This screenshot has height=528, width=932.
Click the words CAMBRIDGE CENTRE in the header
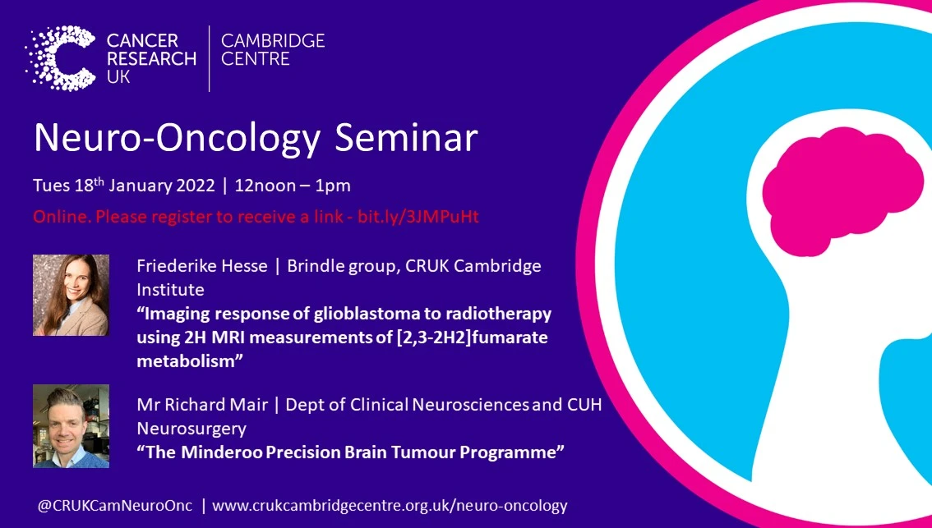273,49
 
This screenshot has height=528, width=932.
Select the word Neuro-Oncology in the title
176,138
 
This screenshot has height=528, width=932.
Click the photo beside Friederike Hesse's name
71,295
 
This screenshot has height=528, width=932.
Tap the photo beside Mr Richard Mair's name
71,426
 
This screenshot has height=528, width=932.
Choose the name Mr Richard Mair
197,405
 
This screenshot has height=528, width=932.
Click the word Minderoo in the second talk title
221,452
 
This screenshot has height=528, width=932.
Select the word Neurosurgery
191,429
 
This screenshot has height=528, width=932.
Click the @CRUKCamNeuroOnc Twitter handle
114,506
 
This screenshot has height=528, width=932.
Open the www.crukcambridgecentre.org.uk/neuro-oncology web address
390,506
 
